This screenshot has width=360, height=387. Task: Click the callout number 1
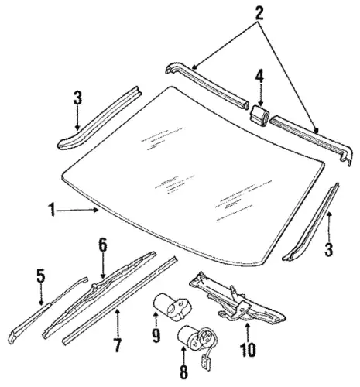[53, 211]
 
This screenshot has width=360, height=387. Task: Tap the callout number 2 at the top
[259, 14]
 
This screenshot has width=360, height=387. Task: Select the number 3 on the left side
[77, 98]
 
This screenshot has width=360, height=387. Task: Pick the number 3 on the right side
[328, 249]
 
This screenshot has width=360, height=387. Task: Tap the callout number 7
[117, 345]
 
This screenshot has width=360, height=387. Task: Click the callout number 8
[183, 372]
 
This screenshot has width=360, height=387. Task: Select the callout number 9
[156, 335]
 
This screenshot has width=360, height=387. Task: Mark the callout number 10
[248, 350]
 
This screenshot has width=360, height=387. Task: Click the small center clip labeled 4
[259, 116]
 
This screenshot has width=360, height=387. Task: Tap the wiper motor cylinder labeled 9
[172, 307]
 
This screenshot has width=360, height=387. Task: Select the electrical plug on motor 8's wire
[205, 361]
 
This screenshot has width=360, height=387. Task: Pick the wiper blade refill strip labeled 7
[119, 300]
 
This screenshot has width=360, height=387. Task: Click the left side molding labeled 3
[100, 118]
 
